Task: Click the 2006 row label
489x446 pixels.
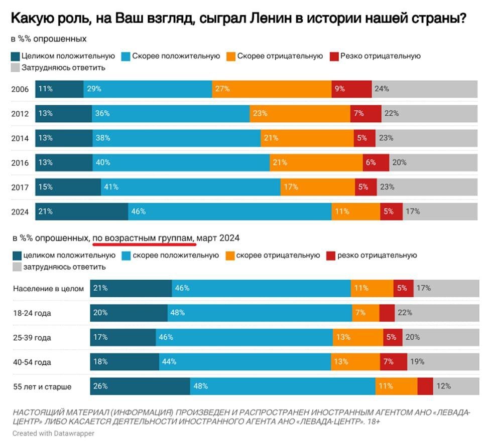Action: pyautogui.click(x=20, y=90)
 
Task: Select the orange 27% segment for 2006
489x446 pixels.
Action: pyautogui.click(x=272, y=89)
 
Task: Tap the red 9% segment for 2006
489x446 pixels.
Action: pyautogui.click(x=351, y=89)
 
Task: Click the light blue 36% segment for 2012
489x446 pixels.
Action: pyautogui.click(x=171, y=114)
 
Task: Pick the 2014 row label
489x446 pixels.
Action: pyautogui.click(x=20, y=138)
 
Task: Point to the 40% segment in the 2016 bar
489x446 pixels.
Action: pyautogui.click(x=181, y=162)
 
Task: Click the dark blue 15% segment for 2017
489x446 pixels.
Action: pyautogui.click(x=68, y=187)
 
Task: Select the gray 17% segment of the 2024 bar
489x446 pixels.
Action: pyautogui.click(x=440, y=211)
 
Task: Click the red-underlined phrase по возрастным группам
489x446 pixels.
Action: pyautogui.click(x=144, y=238)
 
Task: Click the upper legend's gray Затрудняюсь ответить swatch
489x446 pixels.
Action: pyautogui.click(x=15, y=68)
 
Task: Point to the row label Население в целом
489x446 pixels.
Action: pyautogui.click(x=48, y=289)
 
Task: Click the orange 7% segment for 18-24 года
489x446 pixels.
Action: pyautogui.click(x=365, y=313)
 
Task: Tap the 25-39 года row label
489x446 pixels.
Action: pyautogui.click(x=32, y=338)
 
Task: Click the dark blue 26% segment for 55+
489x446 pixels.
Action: pyautogui.click(x=140, y=386)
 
